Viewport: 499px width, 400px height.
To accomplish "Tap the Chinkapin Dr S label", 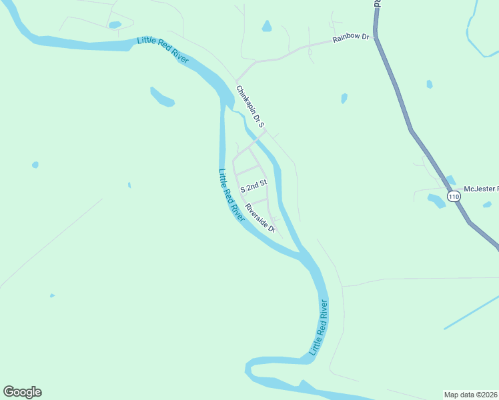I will (x=251, y=106).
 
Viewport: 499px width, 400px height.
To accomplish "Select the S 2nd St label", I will (x=254, y=182).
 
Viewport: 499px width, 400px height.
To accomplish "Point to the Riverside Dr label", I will (x=260, y=217).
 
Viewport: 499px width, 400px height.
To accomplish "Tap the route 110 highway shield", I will (x=454, y=197).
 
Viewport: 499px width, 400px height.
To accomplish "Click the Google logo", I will (x=22, y=392).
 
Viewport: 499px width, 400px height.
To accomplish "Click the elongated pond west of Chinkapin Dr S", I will (x=162, y=97).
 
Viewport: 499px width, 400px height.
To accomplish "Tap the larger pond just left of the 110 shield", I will (x=436, y=199).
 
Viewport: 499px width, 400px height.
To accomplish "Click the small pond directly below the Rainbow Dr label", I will (x=344, y=98).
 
